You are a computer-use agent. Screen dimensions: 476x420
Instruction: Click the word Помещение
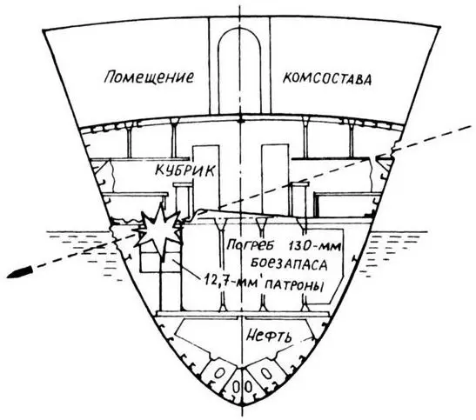tap(149, 77)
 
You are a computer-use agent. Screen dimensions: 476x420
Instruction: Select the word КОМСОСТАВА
tap(327, 79)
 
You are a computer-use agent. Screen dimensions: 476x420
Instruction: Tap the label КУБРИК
tap(184, 170)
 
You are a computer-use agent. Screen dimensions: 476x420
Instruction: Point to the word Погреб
tap(250, 244)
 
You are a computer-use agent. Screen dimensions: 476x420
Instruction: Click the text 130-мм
tap(314, 245)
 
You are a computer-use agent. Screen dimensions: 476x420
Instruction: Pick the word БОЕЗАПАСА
tap(289, 263)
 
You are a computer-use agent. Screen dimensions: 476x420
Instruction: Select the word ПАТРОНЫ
tap(294, 285)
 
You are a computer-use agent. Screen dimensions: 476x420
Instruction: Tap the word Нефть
tap(269, 335)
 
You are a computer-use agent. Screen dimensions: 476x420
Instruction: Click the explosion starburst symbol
tap(159, 230)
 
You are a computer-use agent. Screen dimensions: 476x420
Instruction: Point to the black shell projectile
tap(19, 272)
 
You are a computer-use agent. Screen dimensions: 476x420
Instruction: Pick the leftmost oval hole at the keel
tap(220, 373)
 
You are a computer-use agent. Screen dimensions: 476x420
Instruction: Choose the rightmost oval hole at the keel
tap(266, 373)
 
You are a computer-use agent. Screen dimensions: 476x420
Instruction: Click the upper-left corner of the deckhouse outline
tap(43, 30)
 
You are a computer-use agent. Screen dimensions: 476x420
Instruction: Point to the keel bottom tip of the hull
tap(242, 406)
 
